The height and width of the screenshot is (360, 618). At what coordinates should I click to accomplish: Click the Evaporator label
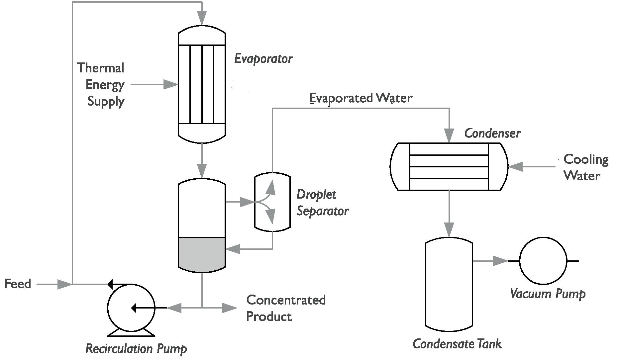(263, 59)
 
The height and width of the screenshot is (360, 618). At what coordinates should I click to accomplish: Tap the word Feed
(18, 284)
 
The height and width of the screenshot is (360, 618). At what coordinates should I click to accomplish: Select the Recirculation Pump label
(136, 349)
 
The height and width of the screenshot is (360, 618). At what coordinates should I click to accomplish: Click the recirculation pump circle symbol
(131, 308)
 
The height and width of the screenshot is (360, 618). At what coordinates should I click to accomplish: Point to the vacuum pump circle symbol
(543, 261)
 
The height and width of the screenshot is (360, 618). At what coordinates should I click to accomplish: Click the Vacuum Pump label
(547, 294)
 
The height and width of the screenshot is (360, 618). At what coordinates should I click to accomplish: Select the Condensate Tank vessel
(449, 284)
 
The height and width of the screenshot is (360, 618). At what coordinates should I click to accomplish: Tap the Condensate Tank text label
(457, 344)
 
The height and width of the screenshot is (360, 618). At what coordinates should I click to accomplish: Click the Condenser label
(492, 134)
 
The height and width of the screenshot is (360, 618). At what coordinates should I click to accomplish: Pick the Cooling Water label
(586, 167)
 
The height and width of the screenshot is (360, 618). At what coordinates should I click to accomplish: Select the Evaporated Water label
(360, 98)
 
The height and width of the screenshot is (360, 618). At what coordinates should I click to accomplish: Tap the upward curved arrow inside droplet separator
(271, 188)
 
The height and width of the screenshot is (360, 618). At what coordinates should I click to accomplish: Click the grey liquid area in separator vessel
(202, 253)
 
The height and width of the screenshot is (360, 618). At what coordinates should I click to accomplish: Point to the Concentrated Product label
(286, 308)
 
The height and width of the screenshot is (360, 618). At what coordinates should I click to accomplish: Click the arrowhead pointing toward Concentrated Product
(229, 308)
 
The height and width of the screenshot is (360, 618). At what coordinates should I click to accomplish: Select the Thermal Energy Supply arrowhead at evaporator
(171, 84)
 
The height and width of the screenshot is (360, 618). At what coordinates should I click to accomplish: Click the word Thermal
(100, 68)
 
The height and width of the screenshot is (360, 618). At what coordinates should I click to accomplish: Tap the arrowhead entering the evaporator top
(202, 18)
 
